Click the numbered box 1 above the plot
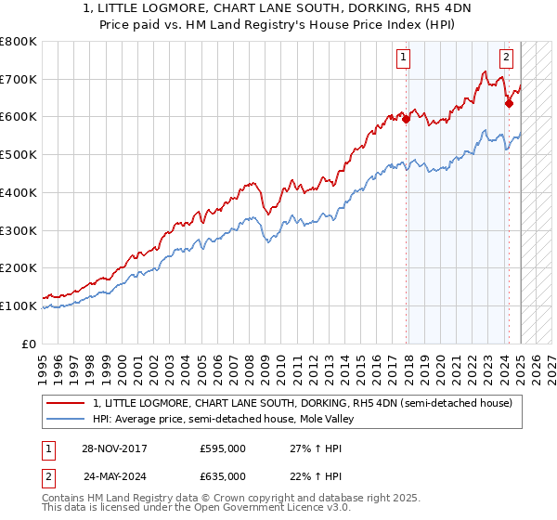(x=405, y=58)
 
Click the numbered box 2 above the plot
(x=506, y=58)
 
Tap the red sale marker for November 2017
(x=407, y=118)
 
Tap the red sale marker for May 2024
(x=509, y=103)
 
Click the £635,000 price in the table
(x=223, y=475)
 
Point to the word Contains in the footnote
(x=64, y=498)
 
